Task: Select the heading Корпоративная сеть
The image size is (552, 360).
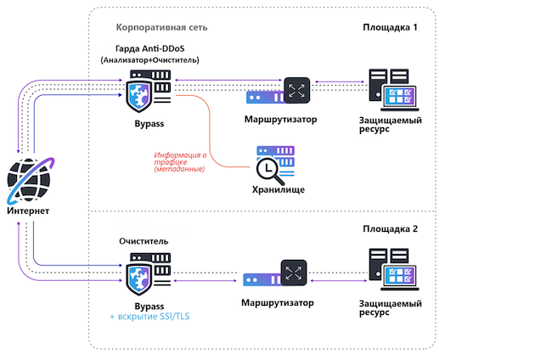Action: click(161, 27)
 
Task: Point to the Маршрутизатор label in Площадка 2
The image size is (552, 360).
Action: click(278, 302)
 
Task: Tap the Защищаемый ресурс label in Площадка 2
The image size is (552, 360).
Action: click(391, 307)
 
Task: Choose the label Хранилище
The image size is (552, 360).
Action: click(275, 189)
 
